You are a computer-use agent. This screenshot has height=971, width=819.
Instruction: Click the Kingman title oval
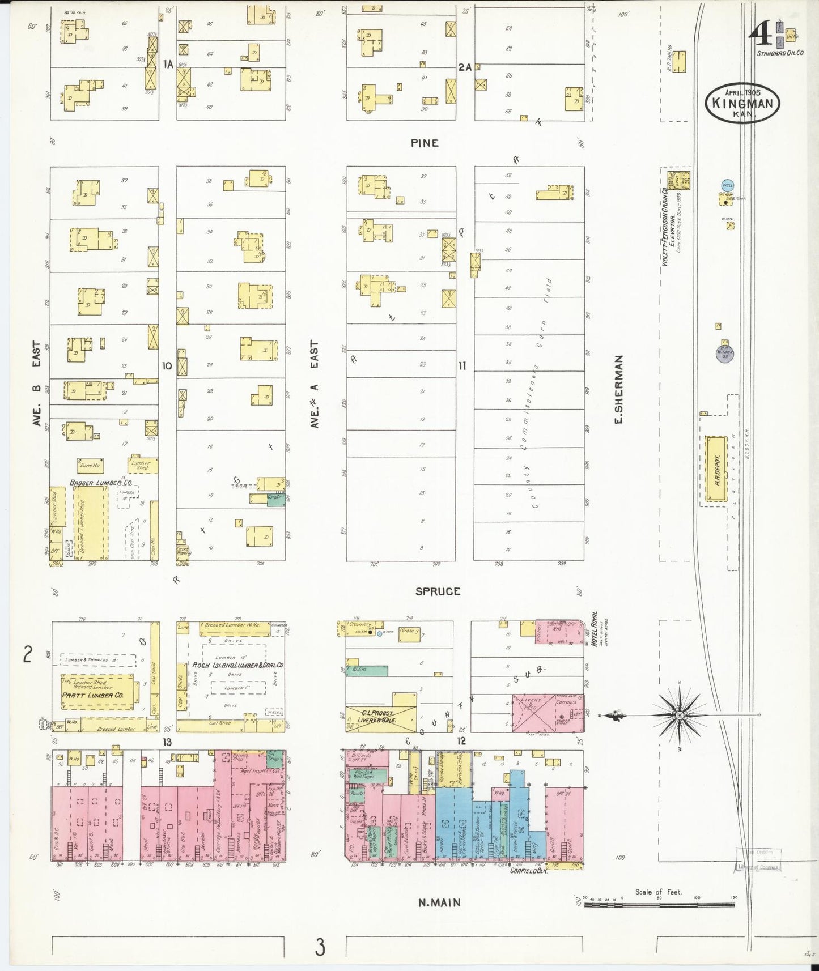click(x=742, y=103)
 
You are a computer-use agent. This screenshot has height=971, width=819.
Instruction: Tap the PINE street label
click(x=425, y=143)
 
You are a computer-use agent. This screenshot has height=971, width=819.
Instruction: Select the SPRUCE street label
click(x=438, y=591)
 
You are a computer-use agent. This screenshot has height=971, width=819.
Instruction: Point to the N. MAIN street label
click(x=439, y=902)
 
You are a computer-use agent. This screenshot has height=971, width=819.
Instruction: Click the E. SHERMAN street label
click(x=618, y=389)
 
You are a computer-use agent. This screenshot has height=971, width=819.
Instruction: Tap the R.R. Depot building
click(x=716, y=469)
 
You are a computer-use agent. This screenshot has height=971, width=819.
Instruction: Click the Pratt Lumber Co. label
click(x=92, y=695)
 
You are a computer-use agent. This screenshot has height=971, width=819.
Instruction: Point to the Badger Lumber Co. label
click(x=100, y=483)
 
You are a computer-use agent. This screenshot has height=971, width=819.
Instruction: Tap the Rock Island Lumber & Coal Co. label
click(x=237, y=665)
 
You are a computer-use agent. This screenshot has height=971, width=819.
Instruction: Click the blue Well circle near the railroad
click(x=727, y=185)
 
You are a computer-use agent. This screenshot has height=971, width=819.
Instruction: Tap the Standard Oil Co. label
click(x=780, y=53)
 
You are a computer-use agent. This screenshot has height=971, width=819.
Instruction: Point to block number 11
click(x=462, y=366)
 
